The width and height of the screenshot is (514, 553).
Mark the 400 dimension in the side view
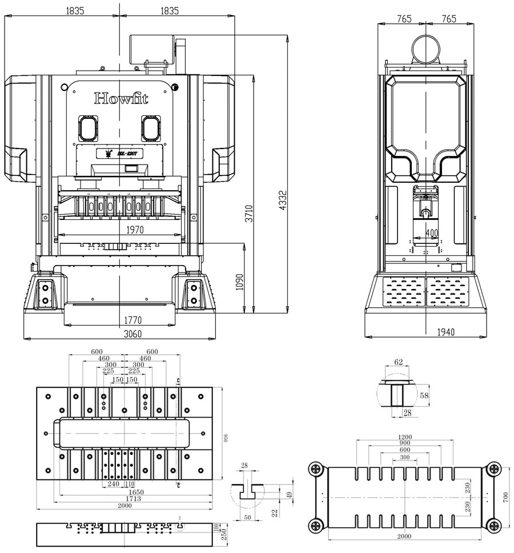(x=432, y=233)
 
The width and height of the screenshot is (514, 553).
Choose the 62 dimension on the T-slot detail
(x=398, y=362)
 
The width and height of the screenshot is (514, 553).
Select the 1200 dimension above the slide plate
(x=404, y=437)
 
